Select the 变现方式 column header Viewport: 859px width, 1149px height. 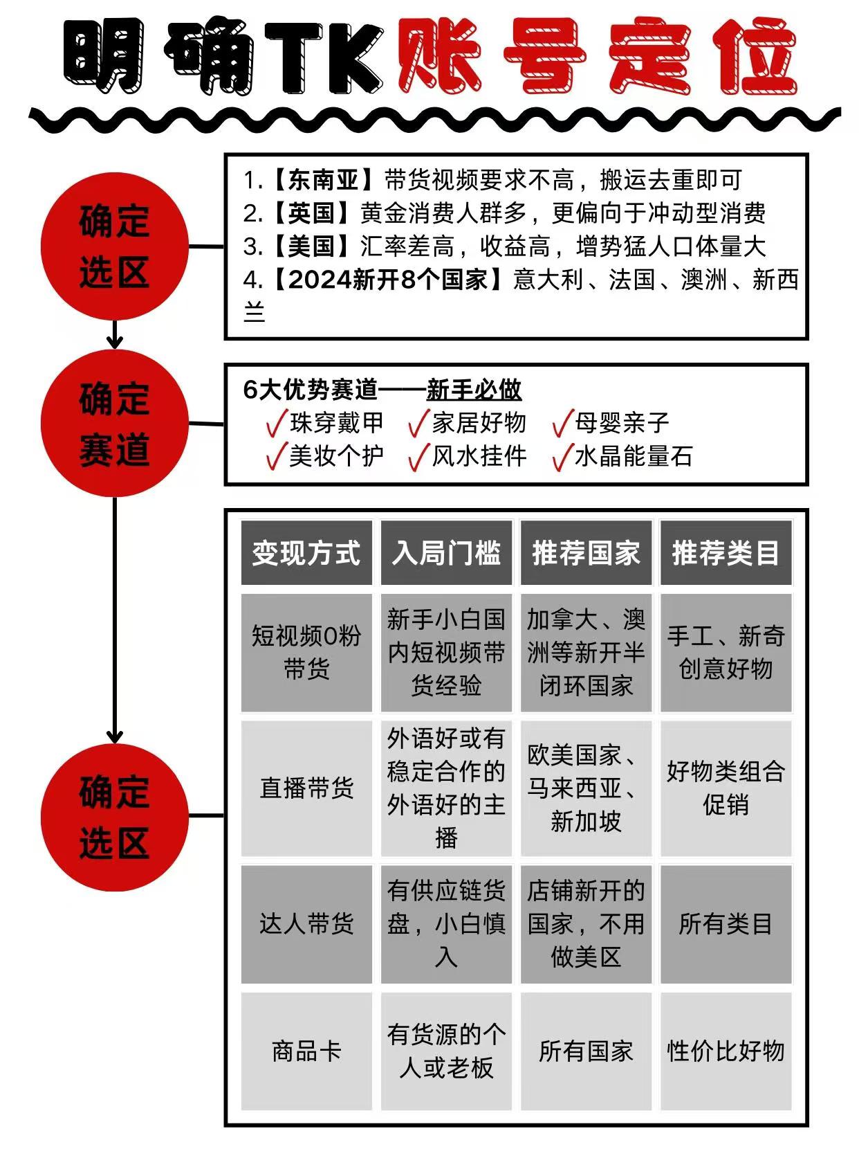click(306, 552)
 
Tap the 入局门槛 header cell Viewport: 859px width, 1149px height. click(446, 552)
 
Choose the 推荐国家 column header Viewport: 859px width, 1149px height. click(586, 552)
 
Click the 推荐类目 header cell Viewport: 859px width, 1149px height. click(726, 552)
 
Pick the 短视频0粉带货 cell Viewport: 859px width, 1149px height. click(306, 652)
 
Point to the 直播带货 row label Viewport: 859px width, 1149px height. click(306, 788)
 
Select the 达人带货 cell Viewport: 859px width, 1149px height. click(306, 924)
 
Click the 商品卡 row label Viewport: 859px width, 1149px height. click(306, 1051)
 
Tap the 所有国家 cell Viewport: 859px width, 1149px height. click(586, 1051)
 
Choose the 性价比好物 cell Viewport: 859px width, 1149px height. click(726, 1051)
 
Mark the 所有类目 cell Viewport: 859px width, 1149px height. click(726, 924)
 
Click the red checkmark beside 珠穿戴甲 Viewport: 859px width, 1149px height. click(277, 423)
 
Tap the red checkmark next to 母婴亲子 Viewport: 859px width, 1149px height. click(562, 423)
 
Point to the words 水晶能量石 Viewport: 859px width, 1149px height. click(634, 456)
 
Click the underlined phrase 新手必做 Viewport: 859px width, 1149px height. click(474, 390)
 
